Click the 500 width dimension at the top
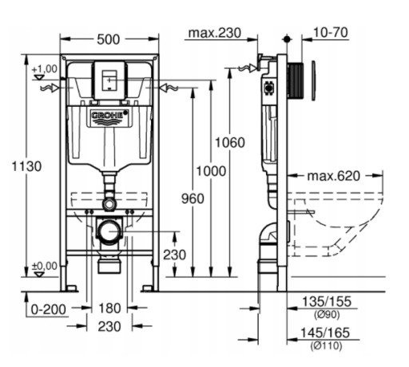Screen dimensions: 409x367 click(109, 40)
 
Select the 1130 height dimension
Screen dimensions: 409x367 click(26, 167)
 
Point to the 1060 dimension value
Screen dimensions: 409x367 click(230, 143)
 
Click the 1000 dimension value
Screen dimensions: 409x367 click(211, 171)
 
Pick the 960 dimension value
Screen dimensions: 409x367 click(193, 199)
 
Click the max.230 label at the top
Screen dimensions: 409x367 click(214, 33)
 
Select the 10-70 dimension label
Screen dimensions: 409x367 click(331, 33)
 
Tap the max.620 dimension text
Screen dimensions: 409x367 click(333, 176)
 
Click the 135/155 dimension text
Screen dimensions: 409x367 click(327, 302)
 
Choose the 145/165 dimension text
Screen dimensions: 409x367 click(325, 333)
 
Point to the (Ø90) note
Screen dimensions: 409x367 click(327, 315)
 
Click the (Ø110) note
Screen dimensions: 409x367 click(326, 345)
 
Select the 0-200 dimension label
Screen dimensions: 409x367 click(49, 310)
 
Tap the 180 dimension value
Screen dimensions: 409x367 click(109, 309)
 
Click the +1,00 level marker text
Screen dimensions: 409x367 click(45, 69)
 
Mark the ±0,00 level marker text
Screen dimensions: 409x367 click(45, 266)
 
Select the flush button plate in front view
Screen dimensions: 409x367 click(109, 81)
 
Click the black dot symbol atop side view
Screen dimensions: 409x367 click(287, 39)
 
